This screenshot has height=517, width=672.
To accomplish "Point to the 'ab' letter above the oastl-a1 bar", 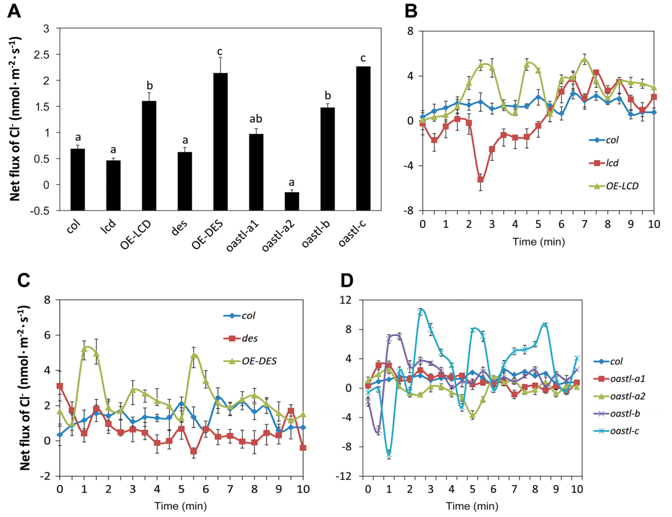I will pos(255,119).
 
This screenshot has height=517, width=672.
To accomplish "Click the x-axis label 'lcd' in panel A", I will pos(108,226).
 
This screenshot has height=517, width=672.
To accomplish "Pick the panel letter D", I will pos(346,281).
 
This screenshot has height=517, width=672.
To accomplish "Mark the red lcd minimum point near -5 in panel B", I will pos(480,179).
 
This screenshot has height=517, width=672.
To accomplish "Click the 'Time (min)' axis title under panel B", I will pos(538,242).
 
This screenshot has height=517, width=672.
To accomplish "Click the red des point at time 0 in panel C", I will pos(60,386).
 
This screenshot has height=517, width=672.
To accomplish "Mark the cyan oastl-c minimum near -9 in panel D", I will pos(389,455).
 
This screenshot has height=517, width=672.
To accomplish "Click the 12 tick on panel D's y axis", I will pos(346,300).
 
